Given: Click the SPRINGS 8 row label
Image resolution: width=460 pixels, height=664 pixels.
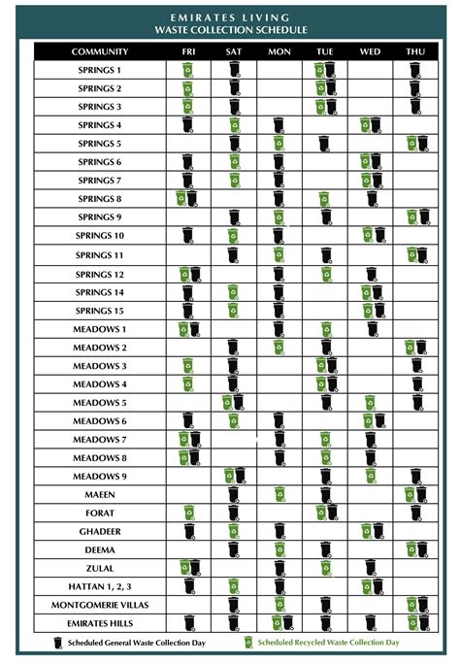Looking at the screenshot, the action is click(99, 199).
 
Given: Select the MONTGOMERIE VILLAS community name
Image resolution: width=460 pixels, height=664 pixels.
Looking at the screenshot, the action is click(99, 604).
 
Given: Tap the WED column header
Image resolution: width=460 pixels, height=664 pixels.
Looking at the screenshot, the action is click(370, 51).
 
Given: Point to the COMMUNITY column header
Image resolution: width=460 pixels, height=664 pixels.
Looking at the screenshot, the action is click(99, 51).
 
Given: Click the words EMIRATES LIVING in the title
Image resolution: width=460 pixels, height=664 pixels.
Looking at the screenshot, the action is click(230, 17).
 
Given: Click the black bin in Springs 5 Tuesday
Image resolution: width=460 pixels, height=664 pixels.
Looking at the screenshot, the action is click(324, 144).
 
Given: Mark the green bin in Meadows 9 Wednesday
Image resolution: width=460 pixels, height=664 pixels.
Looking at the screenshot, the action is click(371, 476).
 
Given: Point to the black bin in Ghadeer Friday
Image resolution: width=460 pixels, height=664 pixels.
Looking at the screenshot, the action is click(188, 531).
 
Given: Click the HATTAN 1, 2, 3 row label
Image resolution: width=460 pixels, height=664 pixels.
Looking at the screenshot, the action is click(99, 585).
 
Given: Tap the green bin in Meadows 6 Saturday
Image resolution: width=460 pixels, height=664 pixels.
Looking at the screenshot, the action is click(233, 420).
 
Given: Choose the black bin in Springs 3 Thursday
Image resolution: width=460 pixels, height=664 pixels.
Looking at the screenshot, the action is click(415, 107).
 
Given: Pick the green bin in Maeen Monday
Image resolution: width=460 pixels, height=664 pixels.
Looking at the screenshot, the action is click(279, 494).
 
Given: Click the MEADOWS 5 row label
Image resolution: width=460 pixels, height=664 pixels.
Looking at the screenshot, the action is click(99, 402).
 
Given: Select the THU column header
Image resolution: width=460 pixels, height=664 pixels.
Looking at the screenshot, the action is click(415, 51).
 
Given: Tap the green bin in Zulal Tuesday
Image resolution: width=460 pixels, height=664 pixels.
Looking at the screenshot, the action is click(324, 568).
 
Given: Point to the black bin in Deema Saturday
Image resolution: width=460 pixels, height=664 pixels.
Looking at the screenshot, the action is click(233, 549).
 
